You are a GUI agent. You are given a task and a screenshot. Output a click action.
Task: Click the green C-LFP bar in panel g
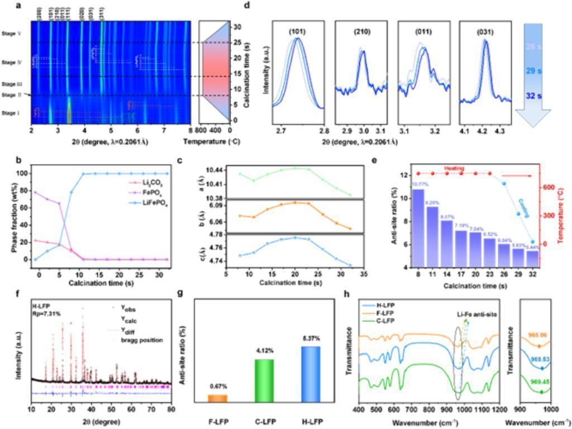[x=264, y=380]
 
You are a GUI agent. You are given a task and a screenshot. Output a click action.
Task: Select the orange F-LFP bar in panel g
[x=218, y=398]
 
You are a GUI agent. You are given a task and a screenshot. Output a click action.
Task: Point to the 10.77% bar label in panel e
[x=418, y=184]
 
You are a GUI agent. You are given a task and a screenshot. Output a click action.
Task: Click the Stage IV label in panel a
[x=12, y=62]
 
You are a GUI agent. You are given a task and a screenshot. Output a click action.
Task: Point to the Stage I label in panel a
[x=12, y=114]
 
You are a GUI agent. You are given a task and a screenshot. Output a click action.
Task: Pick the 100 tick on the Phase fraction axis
[x=23, y=174]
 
